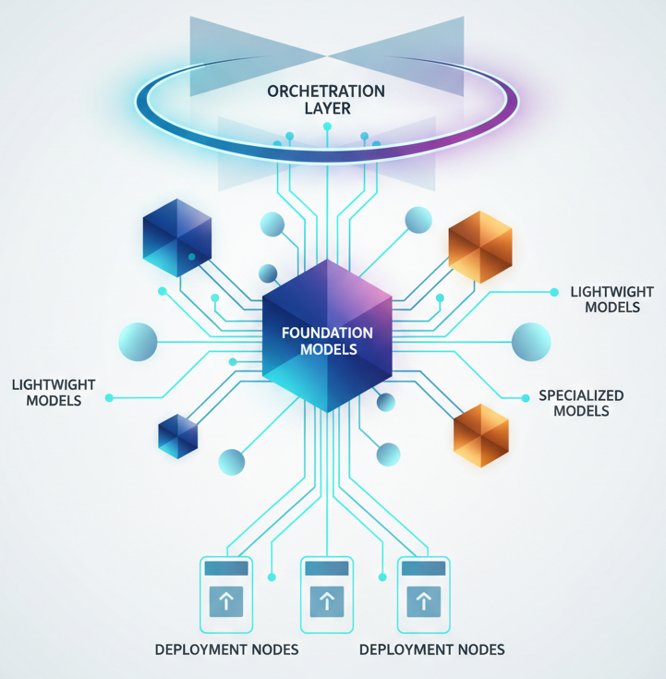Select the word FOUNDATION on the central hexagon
328,333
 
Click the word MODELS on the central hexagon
328,350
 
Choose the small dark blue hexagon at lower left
178,435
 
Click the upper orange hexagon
479,247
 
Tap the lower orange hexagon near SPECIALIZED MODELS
481,434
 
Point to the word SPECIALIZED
581,395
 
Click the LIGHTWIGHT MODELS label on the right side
612,299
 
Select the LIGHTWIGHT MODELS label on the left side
54,392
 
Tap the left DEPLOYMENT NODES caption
226,649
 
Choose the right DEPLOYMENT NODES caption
431,649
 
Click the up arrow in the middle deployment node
326,601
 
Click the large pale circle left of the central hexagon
139,342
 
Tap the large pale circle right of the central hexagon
531,342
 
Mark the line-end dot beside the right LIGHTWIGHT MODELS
554,292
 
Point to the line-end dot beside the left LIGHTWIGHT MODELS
109,398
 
